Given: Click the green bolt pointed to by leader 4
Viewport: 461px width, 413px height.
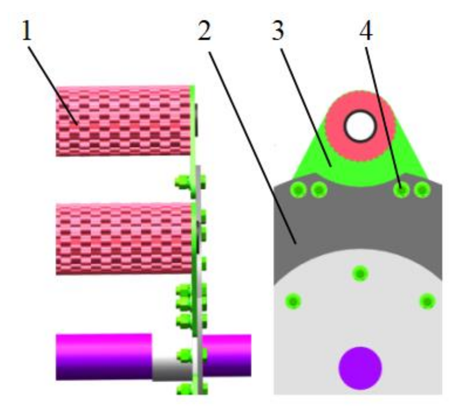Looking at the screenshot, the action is pyautogui.click(x=402, y=190).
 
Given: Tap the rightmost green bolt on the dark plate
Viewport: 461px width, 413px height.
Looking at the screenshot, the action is pyautogui.click(x=421, y=190).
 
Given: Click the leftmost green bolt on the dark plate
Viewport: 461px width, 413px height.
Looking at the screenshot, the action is pyautogui.click(x=298, y=190).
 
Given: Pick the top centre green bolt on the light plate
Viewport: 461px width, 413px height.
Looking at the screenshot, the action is pyautogui.click(x=360, y=272).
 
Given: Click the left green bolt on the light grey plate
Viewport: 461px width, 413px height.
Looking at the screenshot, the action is pyautogui.click(x=293, y=302).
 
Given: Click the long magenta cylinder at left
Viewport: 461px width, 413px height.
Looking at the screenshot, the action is pyautogui.click(x=103, y=356).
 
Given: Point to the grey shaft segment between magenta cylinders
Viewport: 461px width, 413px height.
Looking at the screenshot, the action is pyautogui.click(x=171, y=369).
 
